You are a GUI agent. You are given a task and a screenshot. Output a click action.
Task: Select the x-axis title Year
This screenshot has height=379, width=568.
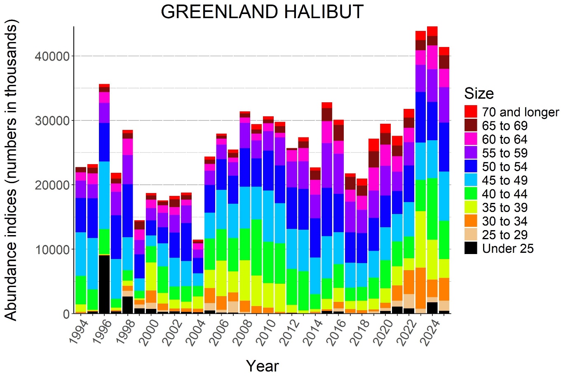point(262,366)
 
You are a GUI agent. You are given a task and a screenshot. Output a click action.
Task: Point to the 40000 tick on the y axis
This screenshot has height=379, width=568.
point(52,56)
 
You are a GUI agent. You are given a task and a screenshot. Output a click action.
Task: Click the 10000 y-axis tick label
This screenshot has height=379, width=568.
point(52,250)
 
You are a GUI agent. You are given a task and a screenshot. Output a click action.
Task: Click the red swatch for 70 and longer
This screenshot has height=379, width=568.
point(471,112)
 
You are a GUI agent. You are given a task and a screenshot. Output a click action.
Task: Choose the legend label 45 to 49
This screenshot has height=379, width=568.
point(505,180)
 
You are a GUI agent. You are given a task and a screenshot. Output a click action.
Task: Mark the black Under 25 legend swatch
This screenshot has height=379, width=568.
point(471,248)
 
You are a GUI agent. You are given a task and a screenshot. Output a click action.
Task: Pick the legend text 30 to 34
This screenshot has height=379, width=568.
point(505,221)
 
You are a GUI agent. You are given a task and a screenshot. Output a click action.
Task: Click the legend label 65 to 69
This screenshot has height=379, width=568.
point(505,126)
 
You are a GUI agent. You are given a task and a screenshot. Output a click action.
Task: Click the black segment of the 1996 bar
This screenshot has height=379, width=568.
point(104,285)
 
